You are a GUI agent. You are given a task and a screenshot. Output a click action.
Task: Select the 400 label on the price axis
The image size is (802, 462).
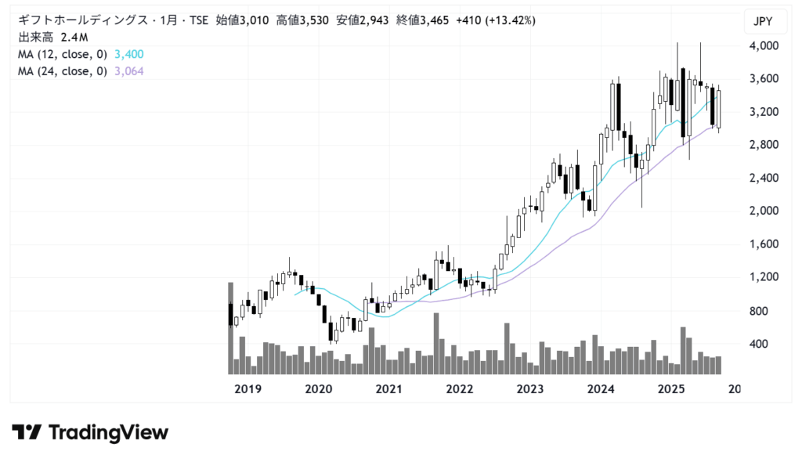click(x=760, y=344)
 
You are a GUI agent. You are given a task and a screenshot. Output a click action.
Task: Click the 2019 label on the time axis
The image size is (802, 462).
click(x=248, y=389)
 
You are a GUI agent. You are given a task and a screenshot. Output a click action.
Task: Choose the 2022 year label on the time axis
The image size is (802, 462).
click(x=460, y=389)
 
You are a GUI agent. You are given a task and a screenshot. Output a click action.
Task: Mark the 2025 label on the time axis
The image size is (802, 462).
click(x=671, y=389)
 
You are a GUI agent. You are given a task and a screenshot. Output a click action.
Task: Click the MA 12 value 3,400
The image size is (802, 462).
click(x=128, y=54)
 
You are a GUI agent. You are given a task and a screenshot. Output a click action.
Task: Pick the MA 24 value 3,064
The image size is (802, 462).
click(x=128, y=71)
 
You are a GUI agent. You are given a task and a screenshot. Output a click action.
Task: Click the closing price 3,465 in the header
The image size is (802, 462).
click(x=434, y=20)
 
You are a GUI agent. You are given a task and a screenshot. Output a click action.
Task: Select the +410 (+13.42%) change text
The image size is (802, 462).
click(x=497, y=20)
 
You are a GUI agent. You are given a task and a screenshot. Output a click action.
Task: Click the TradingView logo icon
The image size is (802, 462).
click(x=26, y=432)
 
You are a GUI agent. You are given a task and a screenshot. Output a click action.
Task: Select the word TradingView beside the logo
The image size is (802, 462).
click(x=108, y=432)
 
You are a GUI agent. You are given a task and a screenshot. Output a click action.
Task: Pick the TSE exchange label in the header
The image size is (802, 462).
click(x=198, y=20)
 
